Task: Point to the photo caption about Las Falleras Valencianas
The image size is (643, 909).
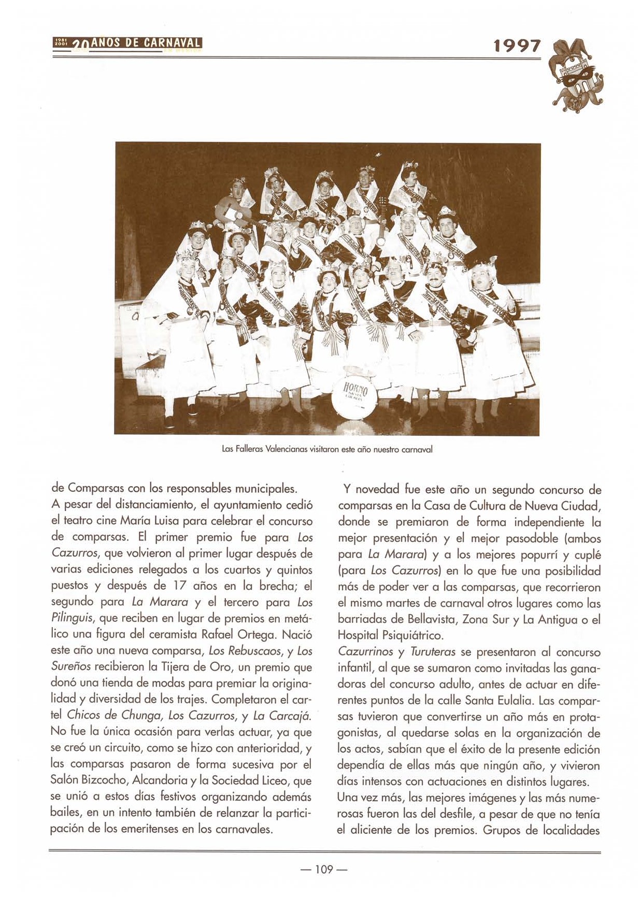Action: (327, 449)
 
